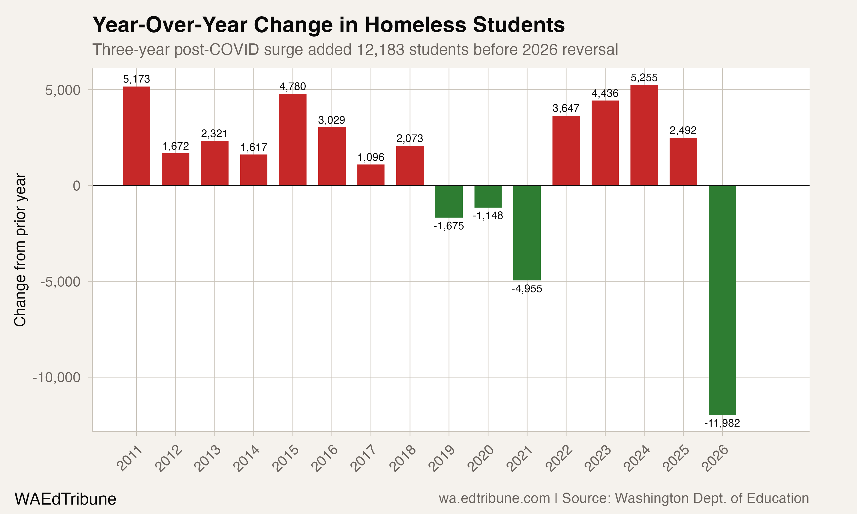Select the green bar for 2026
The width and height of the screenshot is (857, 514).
point(722,300)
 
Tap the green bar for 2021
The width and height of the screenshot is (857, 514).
point(527,233)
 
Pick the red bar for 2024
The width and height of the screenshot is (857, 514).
point(644,135)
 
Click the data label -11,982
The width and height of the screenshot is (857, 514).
point(722,423)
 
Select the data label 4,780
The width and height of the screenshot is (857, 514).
point(293,86)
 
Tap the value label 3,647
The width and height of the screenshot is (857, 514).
point(566,108)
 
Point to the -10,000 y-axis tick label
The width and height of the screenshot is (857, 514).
point(57,377)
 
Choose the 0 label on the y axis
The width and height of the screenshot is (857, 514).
point(77,186)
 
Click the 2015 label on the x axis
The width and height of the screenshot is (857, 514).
point(285,459)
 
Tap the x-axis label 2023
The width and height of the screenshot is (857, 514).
point(598,459)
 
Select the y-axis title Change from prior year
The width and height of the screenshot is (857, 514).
point(20,250)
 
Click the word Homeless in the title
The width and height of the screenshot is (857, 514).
point(416,25)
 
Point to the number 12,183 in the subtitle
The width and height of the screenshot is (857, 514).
point(380,49)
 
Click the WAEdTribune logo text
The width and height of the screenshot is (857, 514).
point(65,499)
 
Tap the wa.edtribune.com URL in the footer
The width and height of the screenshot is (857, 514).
point(494,498)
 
